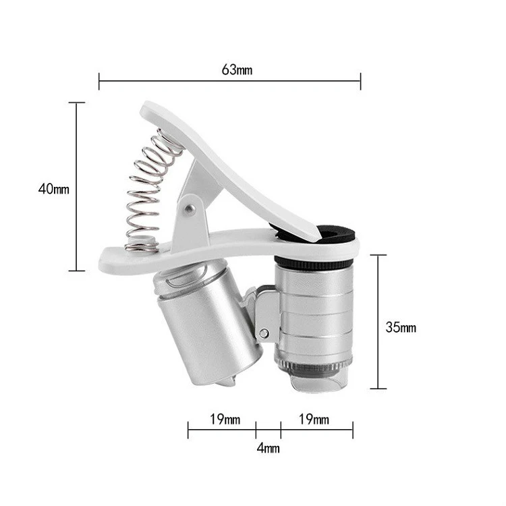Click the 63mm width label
tap(237, 69)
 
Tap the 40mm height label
tap(53, 189)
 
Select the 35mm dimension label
tap(401, 327)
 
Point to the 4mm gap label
tap(268, 448)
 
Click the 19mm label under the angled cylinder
tap(225, 419)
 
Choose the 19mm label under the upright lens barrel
tap(314, 419)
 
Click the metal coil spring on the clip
tap(149, 190)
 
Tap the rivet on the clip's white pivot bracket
tap(190, 209)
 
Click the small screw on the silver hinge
tap(264, 333)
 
